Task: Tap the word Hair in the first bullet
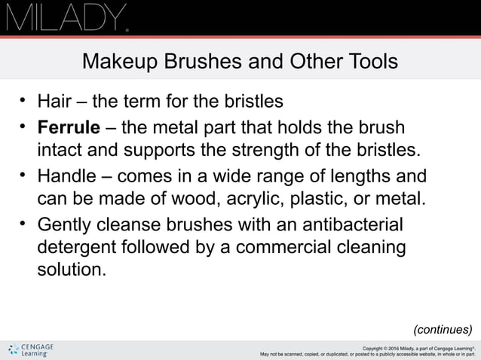tap(54, 100)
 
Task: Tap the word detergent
tap(78, 246)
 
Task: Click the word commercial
tap(295, 246)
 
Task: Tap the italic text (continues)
tap(443, 329)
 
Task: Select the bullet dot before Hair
tap(23, 99)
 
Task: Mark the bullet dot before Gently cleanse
tap(23, 223)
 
